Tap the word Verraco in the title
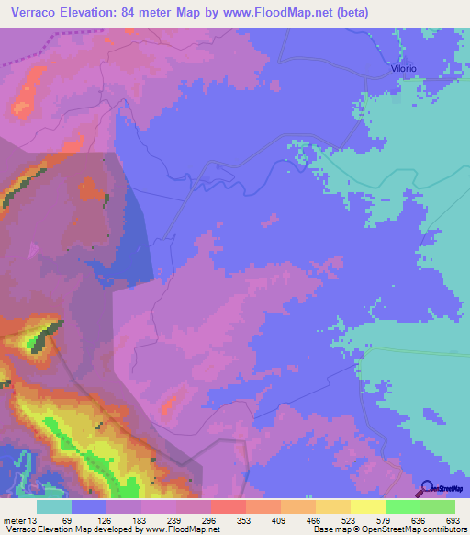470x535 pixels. [x=32, y=12]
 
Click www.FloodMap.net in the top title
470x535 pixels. [x=304, y=12]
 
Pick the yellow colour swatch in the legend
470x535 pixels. [x=368, y=507]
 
